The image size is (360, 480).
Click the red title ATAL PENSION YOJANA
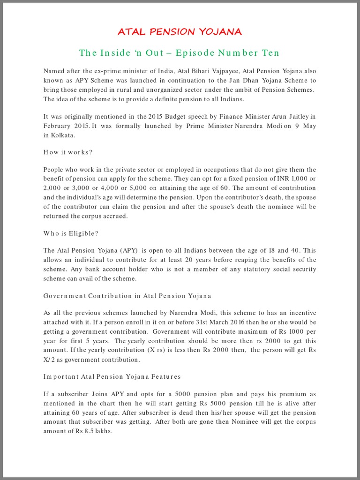point(180,32)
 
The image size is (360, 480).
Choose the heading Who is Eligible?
point(71,233)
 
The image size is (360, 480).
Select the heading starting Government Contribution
point(127,296)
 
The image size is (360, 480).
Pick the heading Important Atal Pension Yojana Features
point(112,376)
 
